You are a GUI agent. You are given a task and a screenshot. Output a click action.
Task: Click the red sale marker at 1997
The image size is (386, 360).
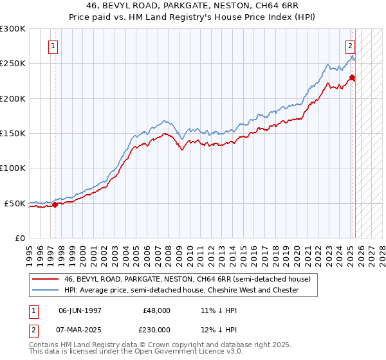click(x=55, y=204)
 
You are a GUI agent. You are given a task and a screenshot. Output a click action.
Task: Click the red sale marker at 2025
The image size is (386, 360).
click(x=352, y=78)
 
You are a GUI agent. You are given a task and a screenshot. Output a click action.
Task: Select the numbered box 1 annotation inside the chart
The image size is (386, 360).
click(x=52, y=46)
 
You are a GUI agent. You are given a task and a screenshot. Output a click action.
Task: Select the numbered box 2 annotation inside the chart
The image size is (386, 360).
click(x=350, y=46)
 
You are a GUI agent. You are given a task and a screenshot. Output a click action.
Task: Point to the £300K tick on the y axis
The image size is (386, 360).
click(x=13, y=29)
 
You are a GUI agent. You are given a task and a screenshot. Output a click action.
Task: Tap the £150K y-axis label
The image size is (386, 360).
click(x=13, y=134)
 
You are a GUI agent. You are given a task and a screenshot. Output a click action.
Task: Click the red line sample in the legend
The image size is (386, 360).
click(x=45, y=279)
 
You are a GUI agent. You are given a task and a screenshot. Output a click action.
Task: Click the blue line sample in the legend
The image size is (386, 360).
click(x=45, y=290)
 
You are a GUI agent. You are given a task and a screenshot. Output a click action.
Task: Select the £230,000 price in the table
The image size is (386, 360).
click(x=157, y=330)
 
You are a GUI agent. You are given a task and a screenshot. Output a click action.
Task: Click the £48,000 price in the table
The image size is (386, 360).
click(x=157, y=310)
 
